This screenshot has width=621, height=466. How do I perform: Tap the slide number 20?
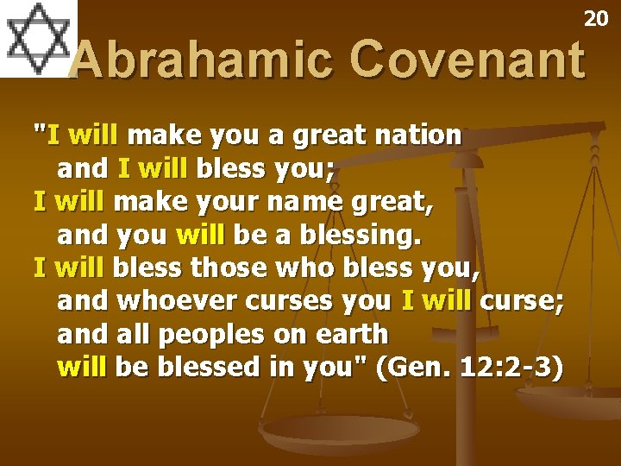(x=596, y=18)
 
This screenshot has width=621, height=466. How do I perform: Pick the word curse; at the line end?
(x=522, y=302)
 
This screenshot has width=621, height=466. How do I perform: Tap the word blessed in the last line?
(x=194, y=368)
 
